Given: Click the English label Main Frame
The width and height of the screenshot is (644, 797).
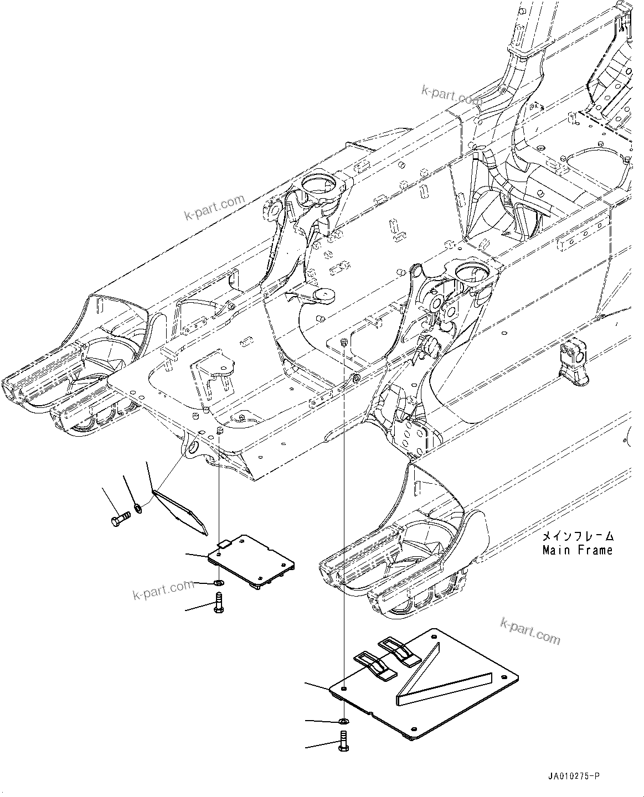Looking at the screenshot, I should point(578,550).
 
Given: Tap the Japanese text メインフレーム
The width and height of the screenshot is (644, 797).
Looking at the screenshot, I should point(578,536).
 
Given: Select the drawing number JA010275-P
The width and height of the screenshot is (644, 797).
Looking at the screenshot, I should point(572,777).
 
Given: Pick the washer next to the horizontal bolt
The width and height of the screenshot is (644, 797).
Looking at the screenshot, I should point(138,506).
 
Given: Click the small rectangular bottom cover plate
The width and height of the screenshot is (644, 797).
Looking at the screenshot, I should point(252,560).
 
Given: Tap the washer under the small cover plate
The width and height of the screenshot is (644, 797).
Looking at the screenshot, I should point(219,583).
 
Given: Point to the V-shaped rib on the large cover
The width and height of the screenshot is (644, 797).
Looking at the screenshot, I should point(437,680).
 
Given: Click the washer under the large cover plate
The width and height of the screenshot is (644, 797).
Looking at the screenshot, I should point(344,721).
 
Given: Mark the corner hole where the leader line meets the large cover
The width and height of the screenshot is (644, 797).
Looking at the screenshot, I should point(344,688).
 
